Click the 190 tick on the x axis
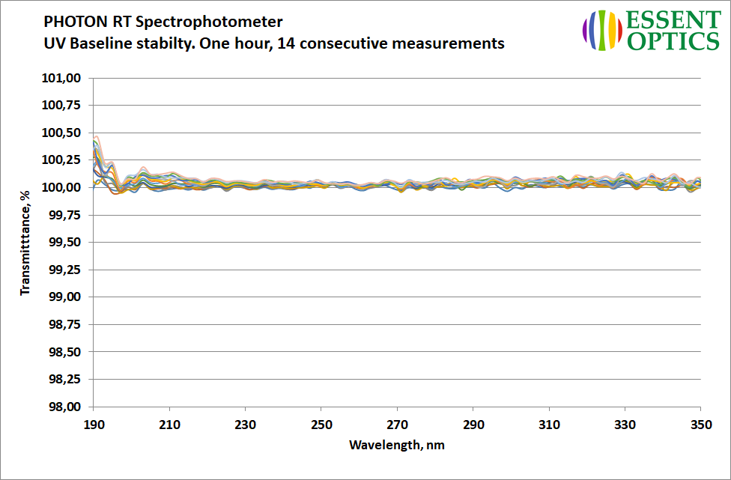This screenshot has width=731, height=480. tap(94, 424)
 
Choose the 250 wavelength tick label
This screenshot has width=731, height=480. tap(321, 424)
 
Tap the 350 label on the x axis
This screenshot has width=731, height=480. tap(700, 424)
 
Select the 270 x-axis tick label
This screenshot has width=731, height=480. tap(397, 424)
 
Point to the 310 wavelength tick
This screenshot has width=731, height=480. tap(549, 424)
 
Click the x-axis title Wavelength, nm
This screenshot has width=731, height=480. tap(396, 445)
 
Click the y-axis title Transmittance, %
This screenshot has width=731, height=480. tap(25, 242)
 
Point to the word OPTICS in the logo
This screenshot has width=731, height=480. tap(673, 41)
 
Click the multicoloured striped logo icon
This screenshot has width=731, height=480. tap(603, 30)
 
